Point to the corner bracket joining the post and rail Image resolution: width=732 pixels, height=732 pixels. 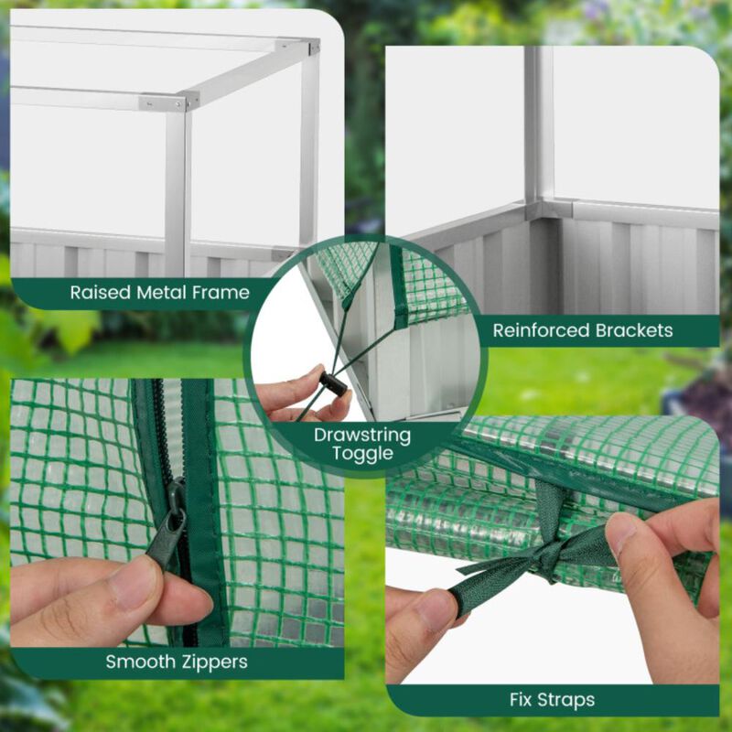(x=540, y=209)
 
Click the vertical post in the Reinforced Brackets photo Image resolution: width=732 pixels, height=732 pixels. (x=539, y=119)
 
